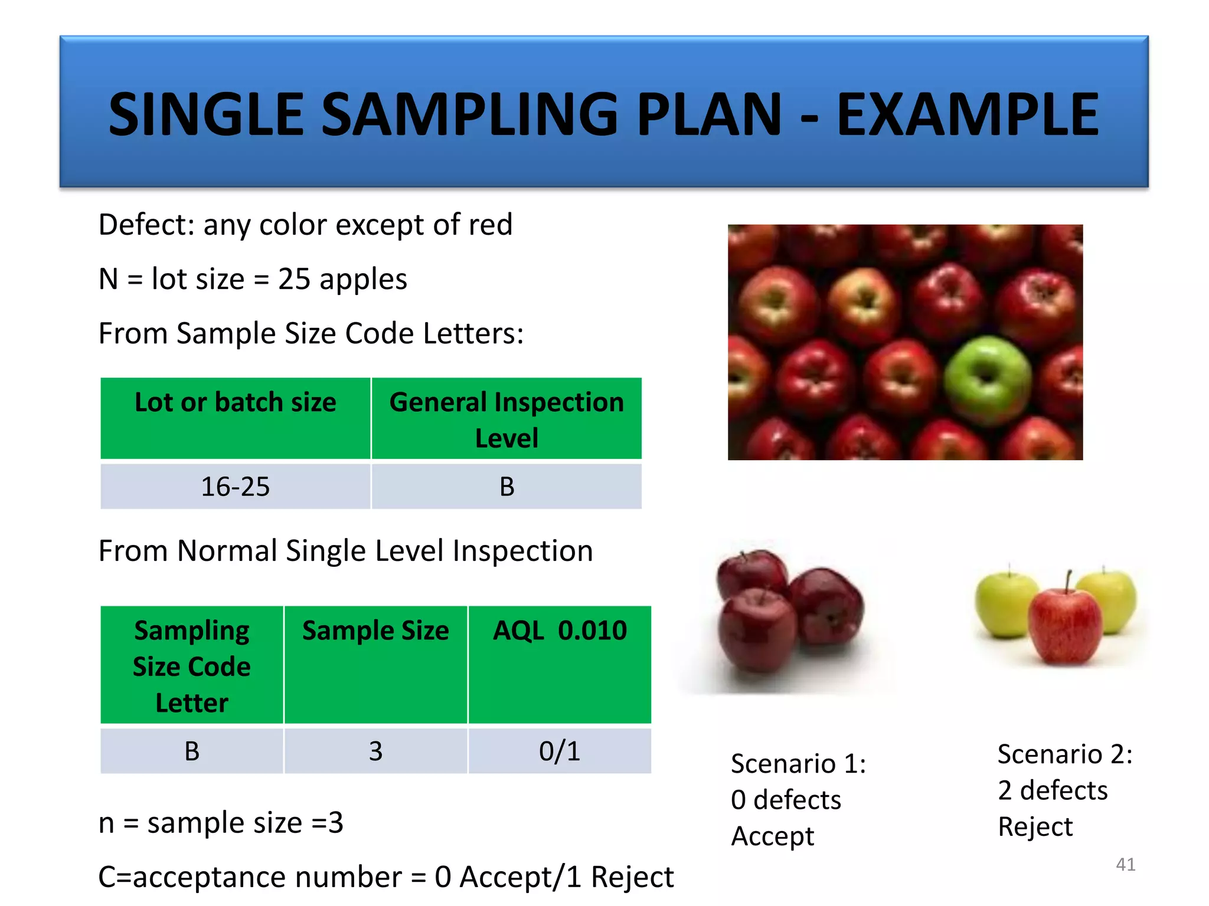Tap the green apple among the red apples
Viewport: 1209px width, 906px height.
pos(987,380)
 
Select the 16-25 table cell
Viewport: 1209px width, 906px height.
pos(235,487)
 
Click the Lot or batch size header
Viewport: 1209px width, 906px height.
pos(235,403)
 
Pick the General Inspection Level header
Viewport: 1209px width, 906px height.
pos(507,419)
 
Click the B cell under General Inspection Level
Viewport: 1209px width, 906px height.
pos(507,487)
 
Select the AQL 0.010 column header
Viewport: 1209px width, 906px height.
pos(559,631)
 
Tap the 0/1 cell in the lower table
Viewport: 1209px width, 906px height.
pos(559,751)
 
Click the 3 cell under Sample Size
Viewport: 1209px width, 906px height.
pos(375,751)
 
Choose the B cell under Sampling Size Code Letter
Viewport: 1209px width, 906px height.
pos(192,751)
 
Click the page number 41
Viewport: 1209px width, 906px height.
pos(1125,864)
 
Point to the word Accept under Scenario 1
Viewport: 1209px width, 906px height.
pos(772,836)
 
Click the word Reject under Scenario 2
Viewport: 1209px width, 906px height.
pos(1035,826)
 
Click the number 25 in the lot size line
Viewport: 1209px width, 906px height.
pos(294,279)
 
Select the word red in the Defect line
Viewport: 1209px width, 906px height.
pos(490,225)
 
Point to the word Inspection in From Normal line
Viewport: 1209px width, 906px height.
pos(522,551)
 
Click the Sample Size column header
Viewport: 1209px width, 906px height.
pos(375,631)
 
